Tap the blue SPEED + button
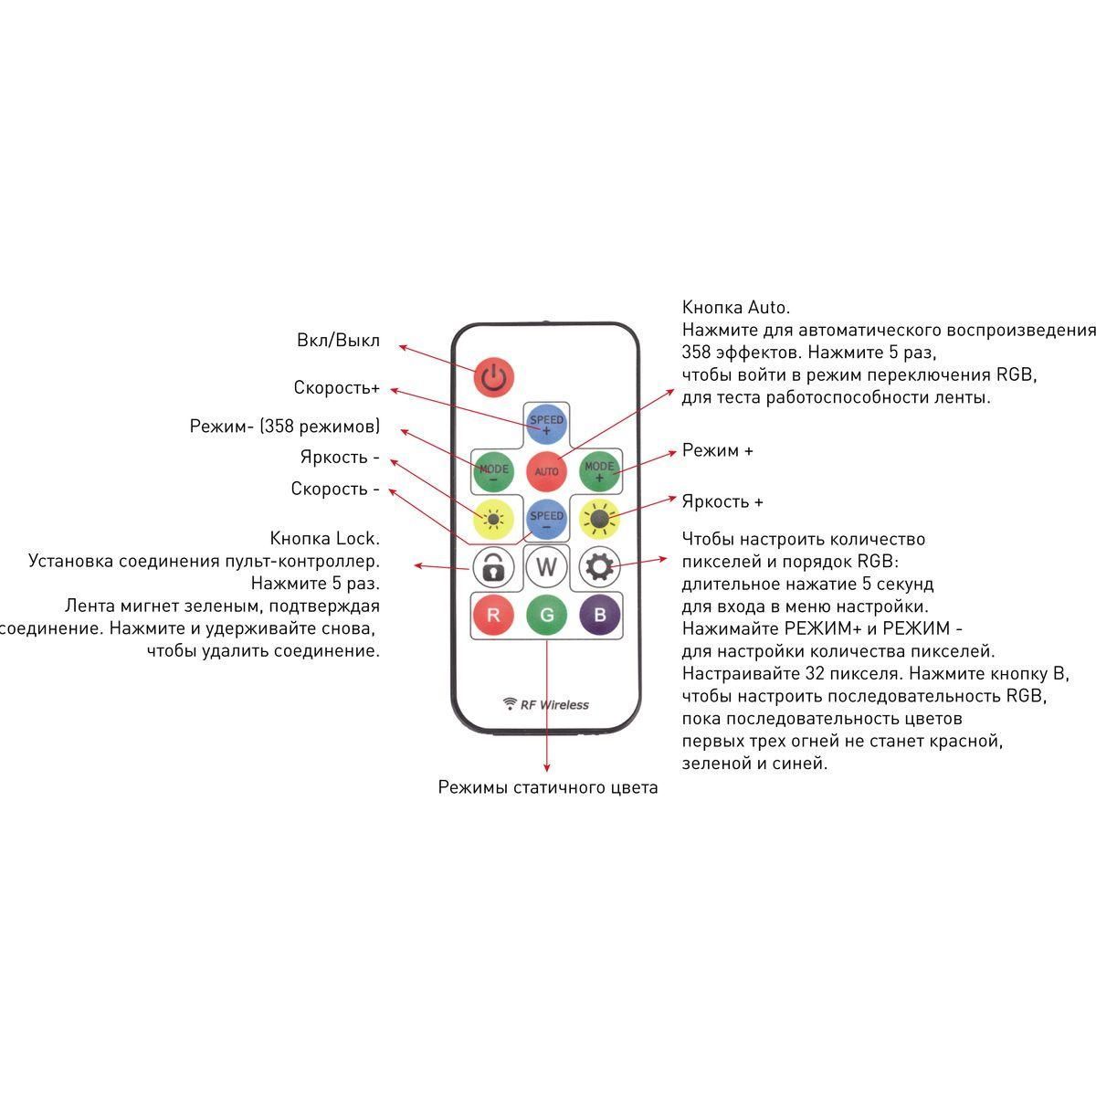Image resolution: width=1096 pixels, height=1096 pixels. point(546,424)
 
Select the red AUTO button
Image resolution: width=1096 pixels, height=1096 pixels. point(546,471)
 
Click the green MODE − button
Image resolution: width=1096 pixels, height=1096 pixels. point(493,471)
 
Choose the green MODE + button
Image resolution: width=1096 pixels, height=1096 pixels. point(599,471)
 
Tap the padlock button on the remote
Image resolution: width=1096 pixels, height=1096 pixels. point(493,567)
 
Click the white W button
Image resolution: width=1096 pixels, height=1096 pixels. point(546,567)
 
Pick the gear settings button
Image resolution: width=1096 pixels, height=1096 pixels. point(599,567)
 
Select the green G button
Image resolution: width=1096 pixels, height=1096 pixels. point(546,615)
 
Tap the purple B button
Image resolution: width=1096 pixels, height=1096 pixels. point(599,615)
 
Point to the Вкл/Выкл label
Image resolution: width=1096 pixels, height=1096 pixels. point(338,341)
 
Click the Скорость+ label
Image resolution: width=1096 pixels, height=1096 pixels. point(336,387)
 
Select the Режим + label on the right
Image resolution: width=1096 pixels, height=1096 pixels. point(717,450)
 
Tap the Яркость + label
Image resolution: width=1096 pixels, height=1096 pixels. point(722,501)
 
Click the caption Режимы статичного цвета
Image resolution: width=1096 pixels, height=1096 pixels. point(547,787)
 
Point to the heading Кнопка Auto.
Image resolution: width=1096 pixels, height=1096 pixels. point(736,307)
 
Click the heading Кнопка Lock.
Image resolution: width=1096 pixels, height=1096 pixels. point(324,538)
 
